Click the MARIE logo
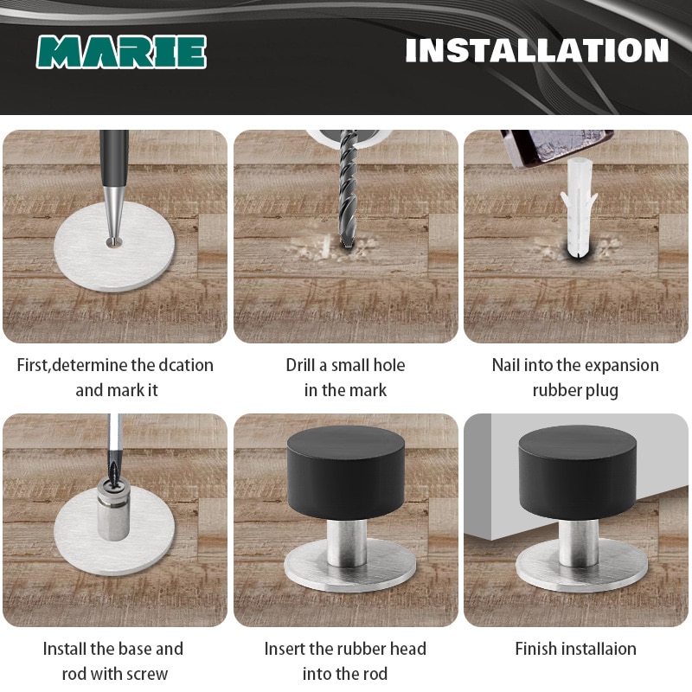tap(121, 52)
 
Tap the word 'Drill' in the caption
tap(304, 365)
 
